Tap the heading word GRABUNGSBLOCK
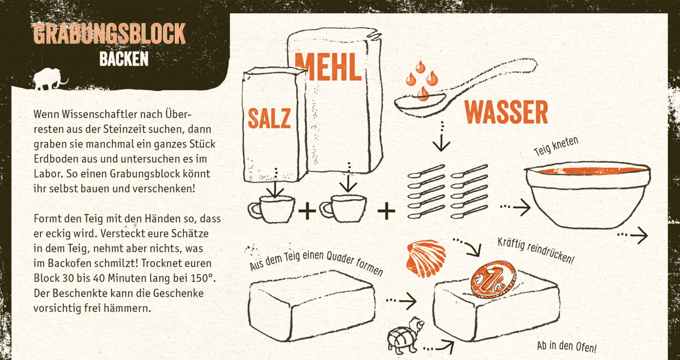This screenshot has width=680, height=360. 110,34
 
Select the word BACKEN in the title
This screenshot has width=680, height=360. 124,59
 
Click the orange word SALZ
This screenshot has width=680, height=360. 269,118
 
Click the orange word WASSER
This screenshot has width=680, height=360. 506,112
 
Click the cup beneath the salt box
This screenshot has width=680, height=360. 272,209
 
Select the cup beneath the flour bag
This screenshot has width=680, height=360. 343,208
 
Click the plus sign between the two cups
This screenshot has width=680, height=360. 307,210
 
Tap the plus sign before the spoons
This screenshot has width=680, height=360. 386,210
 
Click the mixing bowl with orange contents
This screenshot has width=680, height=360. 588,195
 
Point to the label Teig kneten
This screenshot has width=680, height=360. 556,146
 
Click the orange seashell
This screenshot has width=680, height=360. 426,258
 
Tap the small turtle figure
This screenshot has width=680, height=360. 405,335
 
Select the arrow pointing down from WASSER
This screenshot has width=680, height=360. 442,137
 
